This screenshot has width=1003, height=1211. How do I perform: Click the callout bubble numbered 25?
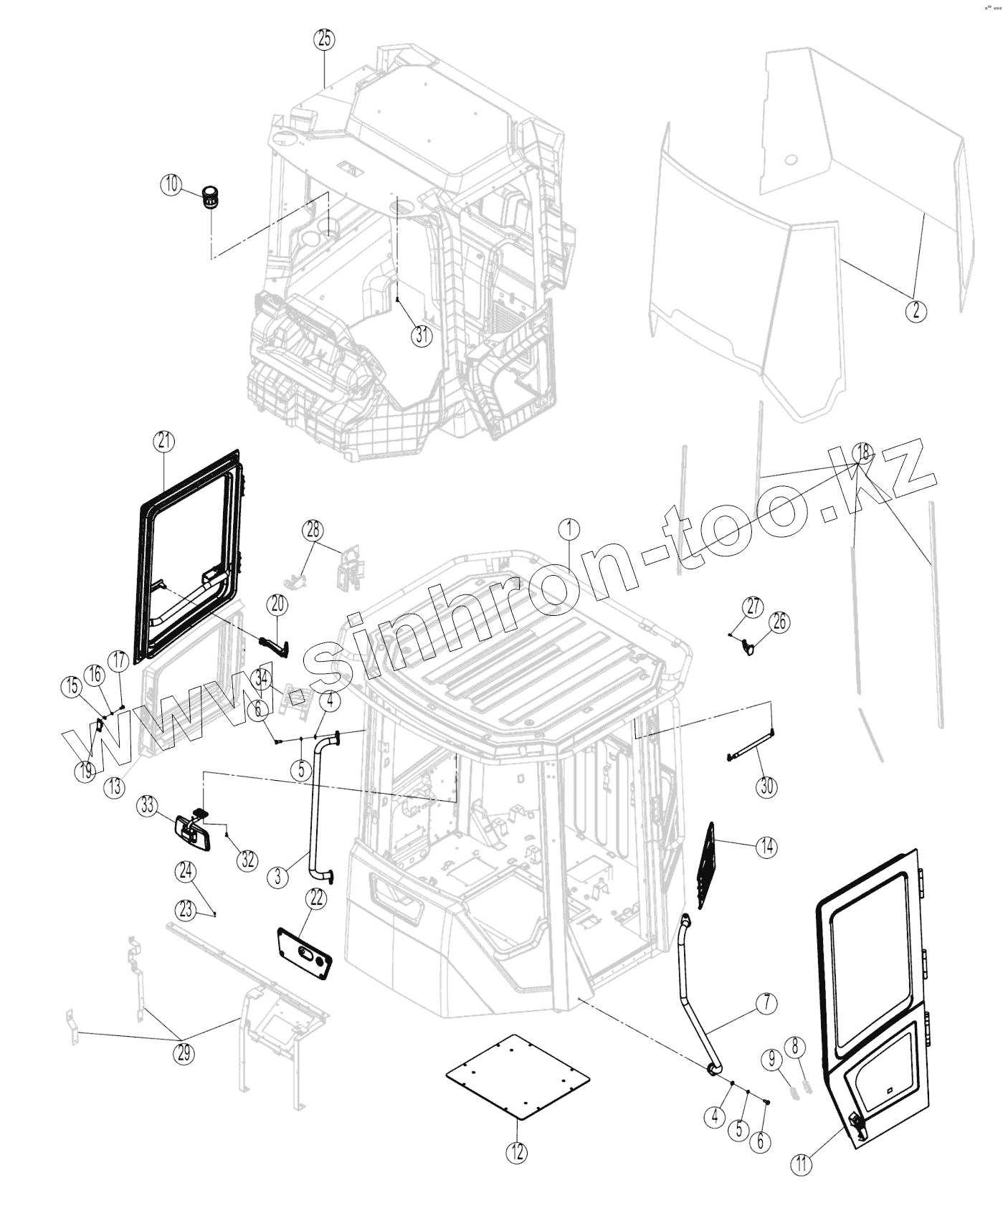point(325,39)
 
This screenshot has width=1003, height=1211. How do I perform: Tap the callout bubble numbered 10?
point(171,184)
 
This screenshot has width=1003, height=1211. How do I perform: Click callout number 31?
point(422,335)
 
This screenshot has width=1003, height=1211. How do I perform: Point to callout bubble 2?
point(916,310)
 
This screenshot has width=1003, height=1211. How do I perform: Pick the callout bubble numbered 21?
point(164,442)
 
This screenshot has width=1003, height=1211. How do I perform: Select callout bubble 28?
point(313,531)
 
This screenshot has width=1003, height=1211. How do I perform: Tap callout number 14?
point(766,847)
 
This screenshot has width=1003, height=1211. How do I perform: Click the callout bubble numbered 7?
point(766,1004)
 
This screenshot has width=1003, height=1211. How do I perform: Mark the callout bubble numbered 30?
point(767,786)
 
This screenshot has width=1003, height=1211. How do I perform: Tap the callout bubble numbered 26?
point(779,622)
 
